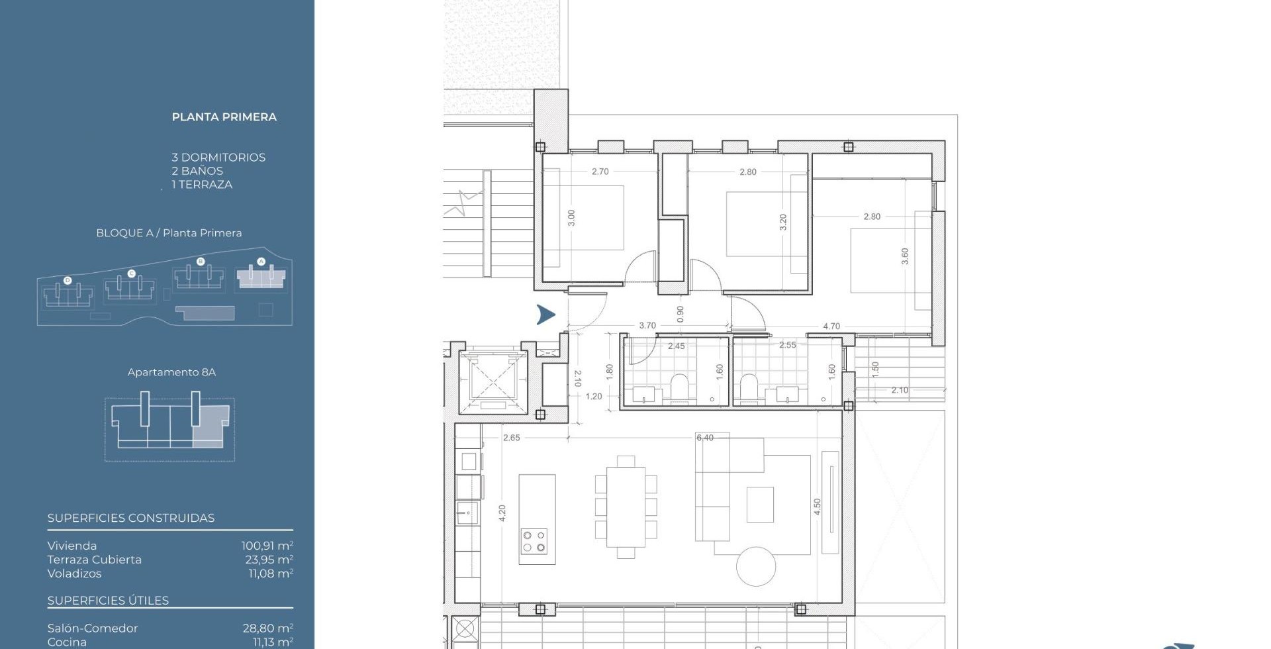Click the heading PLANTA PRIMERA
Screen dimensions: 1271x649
tap(224, 117)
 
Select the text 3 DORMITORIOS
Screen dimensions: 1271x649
tap(218, 158)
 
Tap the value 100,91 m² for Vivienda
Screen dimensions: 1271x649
tap(267, 546)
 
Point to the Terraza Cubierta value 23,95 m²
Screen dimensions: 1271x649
tap(269, 560)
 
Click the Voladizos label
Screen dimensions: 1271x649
tap(74, 574)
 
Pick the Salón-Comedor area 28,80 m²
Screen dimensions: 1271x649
tap(268, 628)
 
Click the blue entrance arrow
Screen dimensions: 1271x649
tap(546, 315)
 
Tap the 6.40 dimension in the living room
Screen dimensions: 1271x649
tap(705, 438)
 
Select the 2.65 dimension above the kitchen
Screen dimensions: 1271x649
tap(512, 438)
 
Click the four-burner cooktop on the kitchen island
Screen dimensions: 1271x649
tap(534, 540)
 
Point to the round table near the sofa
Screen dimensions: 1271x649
tap(756, 566)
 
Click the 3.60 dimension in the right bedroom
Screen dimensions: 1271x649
tap(905, 256)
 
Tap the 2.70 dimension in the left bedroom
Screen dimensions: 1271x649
tap(600, 172)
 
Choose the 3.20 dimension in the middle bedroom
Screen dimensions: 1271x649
tap(783, 222)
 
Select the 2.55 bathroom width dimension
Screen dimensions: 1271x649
tap(788, 345)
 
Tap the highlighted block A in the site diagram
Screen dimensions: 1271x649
tap(261, 277)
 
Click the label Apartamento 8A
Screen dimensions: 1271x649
tap(171, 372)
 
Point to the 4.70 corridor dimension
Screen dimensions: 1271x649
tap(831, 326)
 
